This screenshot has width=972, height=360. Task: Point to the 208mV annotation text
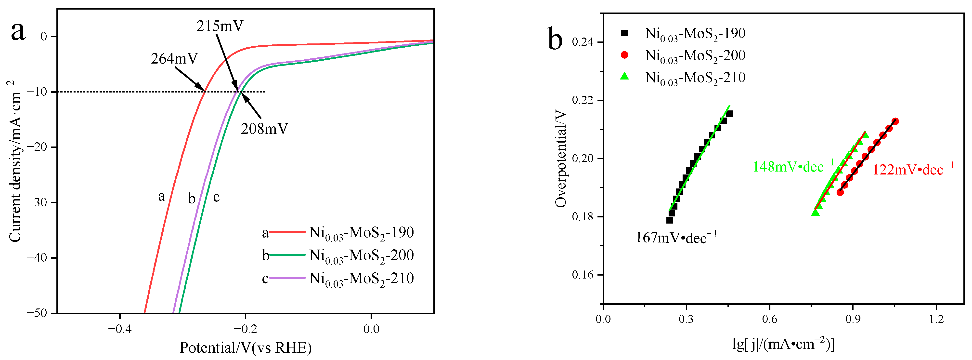[264, 129]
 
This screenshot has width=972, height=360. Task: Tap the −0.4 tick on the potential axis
[120, 329]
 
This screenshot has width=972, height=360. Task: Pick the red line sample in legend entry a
[287, 232]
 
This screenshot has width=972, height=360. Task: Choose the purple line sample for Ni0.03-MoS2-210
[287, 278]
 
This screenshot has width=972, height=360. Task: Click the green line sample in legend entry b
[287, 255]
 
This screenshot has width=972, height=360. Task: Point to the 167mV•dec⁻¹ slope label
[676, 238]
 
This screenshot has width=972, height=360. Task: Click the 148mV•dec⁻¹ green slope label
[793, 166]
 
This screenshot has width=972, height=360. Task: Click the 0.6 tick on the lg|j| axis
[769, 320]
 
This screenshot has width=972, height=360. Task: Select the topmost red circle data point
[895, 121]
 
